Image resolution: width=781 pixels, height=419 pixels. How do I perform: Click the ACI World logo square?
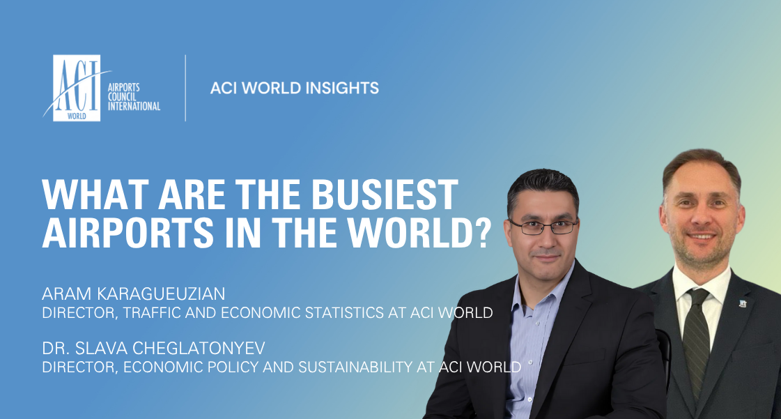coord(77,88)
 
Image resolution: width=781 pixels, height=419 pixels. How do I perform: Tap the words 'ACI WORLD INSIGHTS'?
coord(295,88)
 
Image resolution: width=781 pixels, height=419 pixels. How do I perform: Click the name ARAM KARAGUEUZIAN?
coord(134,294)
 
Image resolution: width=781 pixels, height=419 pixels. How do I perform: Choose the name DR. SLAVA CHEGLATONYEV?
coord(153,348)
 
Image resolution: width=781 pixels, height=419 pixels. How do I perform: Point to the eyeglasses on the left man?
coord(543,227)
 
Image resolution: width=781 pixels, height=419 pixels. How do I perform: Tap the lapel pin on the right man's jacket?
coord(743,303)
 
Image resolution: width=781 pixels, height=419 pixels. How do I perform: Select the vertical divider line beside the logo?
coord(185,88)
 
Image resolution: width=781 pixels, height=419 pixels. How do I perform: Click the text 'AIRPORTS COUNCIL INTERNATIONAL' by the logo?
coord(134,97)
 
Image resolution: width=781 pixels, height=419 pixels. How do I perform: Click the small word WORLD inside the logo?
coord(77,116)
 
